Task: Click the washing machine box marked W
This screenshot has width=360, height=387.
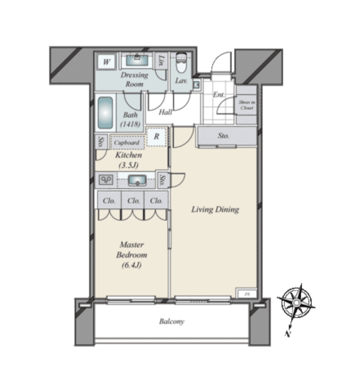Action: pyautogui.click(x=107, y=62)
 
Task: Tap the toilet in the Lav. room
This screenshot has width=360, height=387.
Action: pyautogui.click(x=181, y=64)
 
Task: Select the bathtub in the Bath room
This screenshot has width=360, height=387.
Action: pyautogui.click(x=106, y=113)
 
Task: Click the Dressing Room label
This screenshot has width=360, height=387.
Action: pyautogui.click(x=134, y=79)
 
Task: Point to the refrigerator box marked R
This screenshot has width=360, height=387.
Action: pyautogui.click(x=156, y=136)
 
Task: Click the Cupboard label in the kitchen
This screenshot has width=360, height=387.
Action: pyautogui.click(x=126, y=142)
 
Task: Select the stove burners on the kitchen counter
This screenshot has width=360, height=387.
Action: pyautogui.click(x=106, y=180)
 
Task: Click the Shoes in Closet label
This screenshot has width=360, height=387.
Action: pyautogui.click(x=246, y=105)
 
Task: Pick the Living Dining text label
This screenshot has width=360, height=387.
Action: pyautogui.click(x=215, y=209)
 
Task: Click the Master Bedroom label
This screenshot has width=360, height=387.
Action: pyautogui.click(x=132, y=255)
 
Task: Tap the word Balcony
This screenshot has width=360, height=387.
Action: pyautogui.click(x=171, y=322)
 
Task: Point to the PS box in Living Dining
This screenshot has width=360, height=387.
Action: pyautogui.click(x=246, y=294)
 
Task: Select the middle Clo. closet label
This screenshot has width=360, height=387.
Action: pyautogui.click(x=133, y=201)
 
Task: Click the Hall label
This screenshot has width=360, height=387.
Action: pyautogui.click(x=165, y=112)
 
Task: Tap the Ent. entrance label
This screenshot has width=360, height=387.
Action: pyautogui.click(x=218, y=94)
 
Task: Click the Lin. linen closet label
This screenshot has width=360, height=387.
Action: pyautogui.click(x=162, y=61)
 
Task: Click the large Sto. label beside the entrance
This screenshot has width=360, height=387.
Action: pyautogui.click(x=224, y=136)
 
